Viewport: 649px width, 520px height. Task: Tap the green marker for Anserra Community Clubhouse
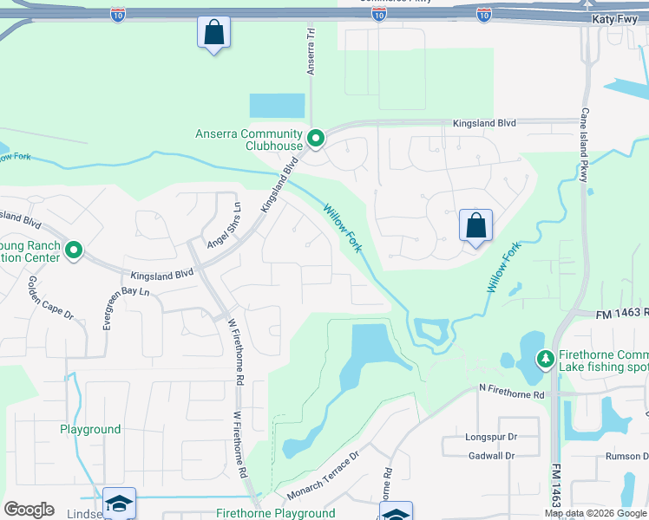coord(317,138)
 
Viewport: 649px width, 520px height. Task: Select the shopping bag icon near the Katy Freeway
coord(213,34)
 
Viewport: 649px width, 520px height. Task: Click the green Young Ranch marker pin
coord(74,251)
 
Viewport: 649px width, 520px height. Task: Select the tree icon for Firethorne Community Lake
coord(545,358)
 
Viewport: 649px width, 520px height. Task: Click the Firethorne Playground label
coord(275,513)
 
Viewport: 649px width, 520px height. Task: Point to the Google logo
coord(29,510)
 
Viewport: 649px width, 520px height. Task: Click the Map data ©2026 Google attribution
coord(595,513)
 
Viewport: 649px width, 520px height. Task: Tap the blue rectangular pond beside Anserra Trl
coord(278,106)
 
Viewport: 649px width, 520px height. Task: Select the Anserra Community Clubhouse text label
coord(249,140)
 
